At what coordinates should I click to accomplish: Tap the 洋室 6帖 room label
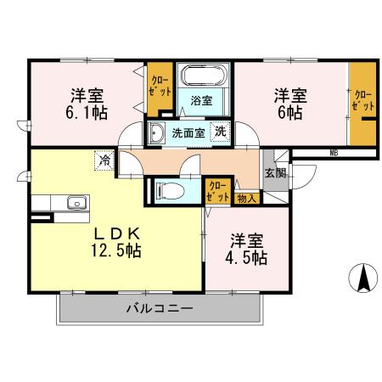289,104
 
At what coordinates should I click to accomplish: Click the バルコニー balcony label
160,309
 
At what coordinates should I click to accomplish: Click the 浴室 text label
201,100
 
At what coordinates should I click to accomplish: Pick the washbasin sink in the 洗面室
157,132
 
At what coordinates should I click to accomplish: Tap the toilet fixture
166,190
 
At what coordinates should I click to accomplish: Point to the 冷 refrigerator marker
104,160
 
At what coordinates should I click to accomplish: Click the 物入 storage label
246,198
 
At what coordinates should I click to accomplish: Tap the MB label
333,152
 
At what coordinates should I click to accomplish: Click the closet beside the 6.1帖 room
158,88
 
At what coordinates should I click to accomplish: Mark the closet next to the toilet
217,189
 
